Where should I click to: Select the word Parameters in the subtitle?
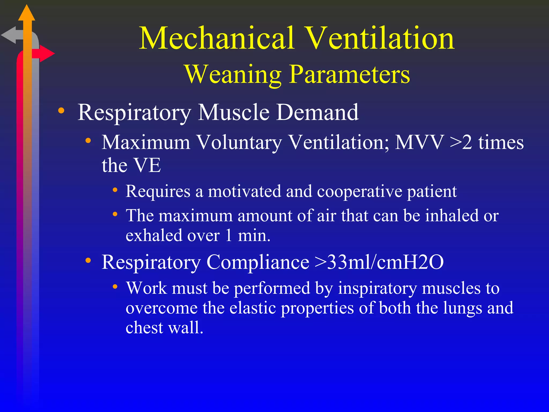(x=350, y=75)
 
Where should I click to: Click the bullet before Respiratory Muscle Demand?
(x=61, y=111)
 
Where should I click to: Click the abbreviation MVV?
(x=420, y=142)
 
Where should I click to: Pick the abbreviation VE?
(x=147, y=165)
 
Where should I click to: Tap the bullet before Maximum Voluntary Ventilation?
(x=88, y=141)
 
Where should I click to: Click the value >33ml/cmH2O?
(x=379, y=262)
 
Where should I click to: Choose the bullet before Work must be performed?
(x=115, y=286)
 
